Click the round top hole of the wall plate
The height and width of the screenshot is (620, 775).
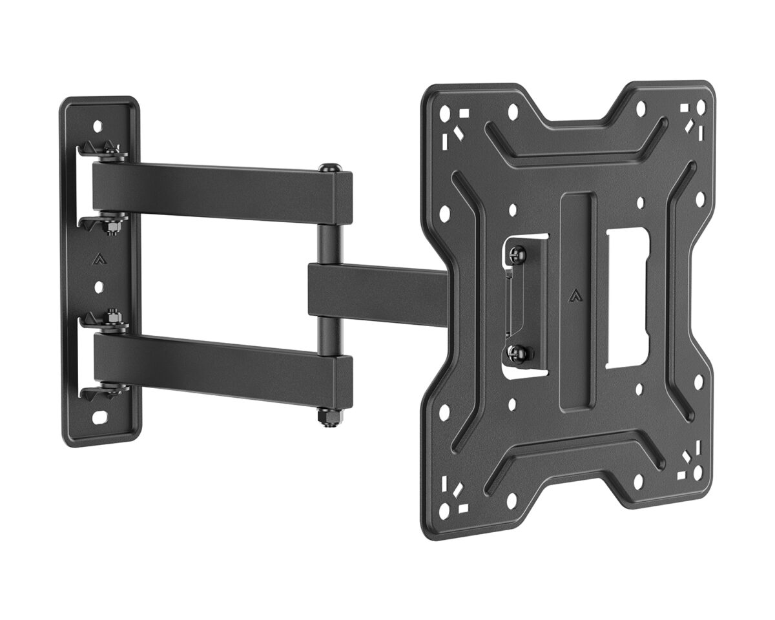98,126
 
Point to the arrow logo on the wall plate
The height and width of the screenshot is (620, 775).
99,260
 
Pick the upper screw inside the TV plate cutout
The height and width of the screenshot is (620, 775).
518,256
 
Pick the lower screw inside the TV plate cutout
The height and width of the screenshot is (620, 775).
518,353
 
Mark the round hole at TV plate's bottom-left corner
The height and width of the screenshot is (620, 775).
444,510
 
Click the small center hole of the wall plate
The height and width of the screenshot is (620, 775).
98,285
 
